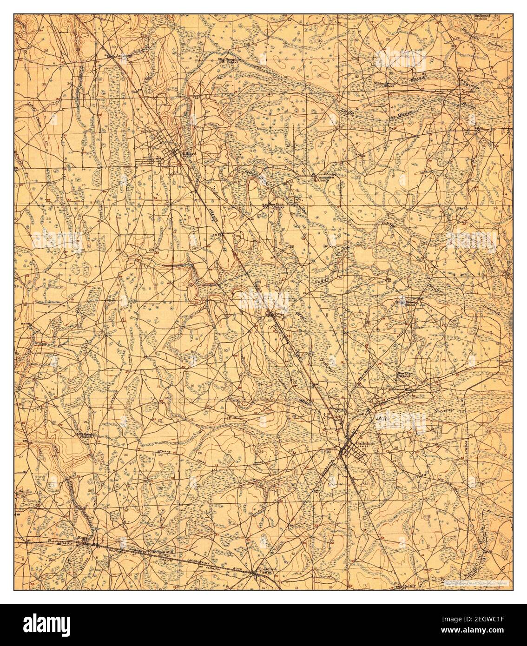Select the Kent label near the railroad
coord(83,538)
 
